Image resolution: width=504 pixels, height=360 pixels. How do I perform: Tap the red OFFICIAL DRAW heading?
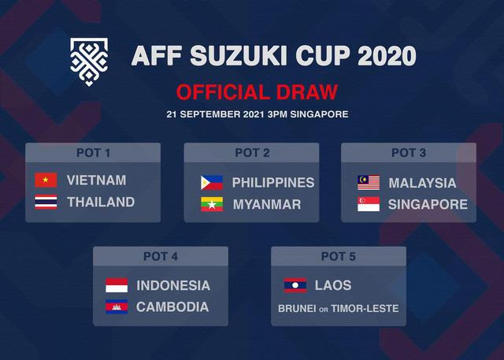point(257,91)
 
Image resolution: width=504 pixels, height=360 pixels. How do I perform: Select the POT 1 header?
point(93,153)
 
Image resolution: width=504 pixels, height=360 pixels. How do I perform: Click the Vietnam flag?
point(46,180)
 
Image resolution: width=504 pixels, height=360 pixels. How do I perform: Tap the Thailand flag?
point(46,202)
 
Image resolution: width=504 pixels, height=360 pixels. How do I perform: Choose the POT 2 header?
point(252,153)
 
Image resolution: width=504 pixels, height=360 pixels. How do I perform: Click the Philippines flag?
point(211,183)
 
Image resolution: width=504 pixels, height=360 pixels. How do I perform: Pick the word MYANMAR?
point(267,205)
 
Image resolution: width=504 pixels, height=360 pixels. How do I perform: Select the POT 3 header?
point(408,153)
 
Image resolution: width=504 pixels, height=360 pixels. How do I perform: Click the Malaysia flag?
point(369,183)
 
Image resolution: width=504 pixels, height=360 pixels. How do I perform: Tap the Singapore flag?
point(369,205)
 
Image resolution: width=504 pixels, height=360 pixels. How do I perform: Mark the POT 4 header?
point(161,256)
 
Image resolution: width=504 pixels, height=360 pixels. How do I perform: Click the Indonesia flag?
point(117,285)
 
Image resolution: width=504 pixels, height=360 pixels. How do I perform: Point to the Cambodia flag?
point(117,307)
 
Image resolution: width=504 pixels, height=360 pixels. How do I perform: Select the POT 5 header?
point(339,256)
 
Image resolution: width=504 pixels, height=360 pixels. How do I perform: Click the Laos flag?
point(295,285)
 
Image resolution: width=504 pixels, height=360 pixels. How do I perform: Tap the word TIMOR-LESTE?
point(367,309)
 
